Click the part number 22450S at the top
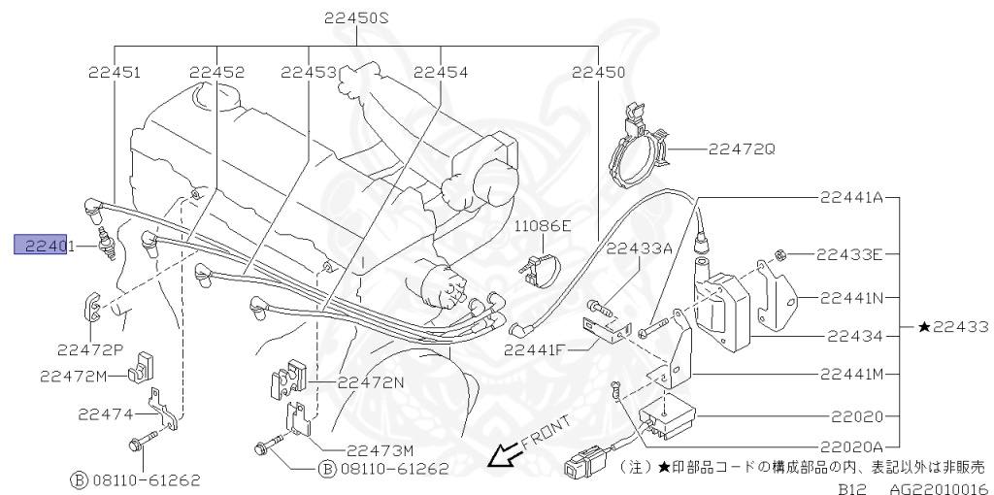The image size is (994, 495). (x=356, y=18)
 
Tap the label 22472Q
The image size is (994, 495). (x=742, y=148)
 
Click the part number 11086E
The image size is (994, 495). (x=543, y=225)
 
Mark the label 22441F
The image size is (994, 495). (x=534, y=348)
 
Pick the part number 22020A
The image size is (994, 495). (x=850, y=446)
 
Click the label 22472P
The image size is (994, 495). (x=89, y=349)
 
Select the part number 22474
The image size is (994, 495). (x=105, y=414)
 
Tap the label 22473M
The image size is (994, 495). (x=381, y=448)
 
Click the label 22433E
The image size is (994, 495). (x=848, y=255)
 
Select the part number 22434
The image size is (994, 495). (x=854, y=336)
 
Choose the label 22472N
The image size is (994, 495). (x=371, y=382)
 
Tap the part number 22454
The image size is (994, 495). (x=440, y=73)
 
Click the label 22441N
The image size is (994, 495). (x=850, y=297)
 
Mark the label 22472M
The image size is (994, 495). (x=73, y=374)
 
